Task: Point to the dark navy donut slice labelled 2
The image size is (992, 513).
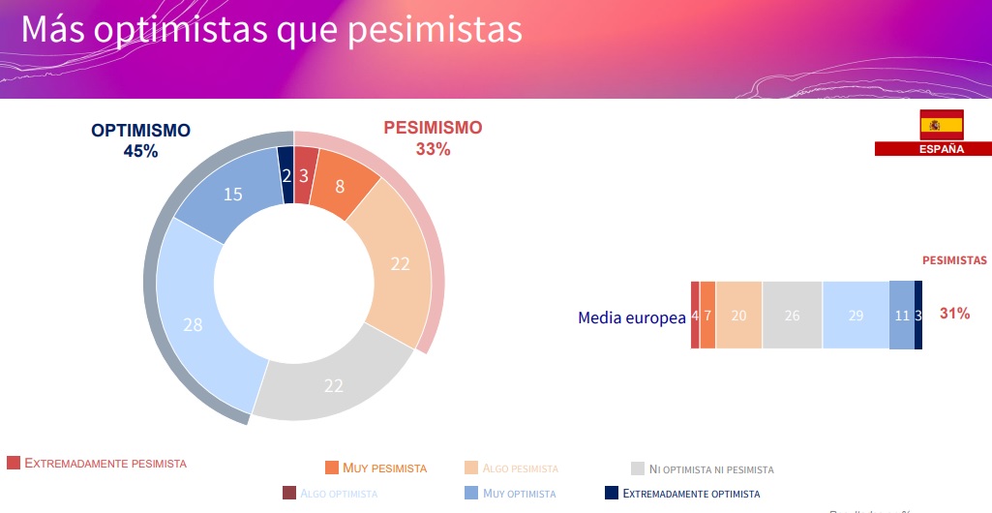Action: (286, 175)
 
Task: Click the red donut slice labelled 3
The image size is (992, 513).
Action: (304, 175)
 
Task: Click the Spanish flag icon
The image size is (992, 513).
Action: (941, 125)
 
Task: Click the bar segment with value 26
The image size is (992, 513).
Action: (792, 316)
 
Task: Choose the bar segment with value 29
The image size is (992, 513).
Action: (856, 316)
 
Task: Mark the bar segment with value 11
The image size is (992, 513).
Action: (901, 316)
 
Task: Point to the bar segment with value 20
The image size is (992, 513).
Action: (738, 316)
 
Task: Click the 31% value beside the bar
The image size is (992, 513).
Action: (954, 314)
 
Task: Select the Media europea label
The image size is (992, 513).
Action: (631, 317)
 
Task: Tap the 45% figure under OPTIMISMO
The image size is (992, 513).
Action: (140, 151)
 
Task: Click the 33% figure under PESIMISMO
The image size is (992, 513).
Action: (433, 149)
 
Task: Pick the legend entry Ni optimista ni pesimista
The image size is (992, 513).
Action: (711, 469)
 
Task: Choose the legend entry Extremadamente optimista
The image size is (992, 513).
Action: (691, 494)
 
